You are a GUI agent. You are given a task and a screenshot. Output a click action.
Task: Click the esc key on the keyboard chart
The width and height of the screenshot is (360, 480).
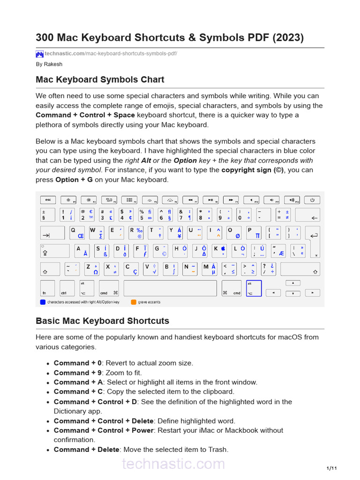click(47, 200)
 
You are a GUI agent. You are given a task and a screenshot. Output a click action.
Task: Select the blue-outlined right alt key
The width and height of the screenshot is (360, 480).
click(254, 288)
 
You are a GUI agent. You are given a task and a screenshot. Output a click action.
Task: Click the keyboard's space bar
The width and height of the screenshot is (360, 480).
click(170, 288)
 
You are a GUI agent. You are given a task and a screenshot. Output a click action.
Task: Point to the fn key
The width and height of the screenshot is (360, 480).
click(47, 288)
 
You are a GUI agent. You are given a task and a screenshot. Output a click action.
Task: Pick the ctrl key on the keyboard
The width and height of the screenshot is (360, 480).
click(67, 288)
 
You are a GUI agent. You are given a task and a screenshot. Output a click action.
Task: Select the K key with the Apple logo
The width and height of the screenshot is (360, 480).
click(220, 251)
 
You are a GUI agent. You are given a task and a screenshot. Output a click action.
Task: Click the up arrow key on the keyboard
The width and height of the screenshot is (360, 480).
click(293, 283)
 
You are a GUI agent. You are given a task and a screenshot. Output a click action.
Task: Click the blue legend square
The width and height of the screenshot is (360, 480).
click(43, 302)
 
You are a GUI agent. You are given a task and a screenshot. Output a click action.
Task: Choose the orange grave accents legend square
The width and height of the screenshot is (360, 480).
click(134, 302)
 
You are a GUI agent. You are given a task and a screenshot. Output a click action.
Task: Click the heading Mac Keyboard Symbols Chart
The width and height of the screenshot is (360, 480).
click(100, 80)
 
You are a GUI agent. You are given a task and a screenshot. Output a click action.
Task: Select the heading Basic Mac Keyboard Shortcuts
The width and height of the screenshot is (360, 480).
click(102, 321)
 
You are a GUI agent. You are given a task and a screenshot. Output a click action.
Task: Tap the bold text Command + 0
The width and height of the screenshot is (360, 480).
click(77, 363)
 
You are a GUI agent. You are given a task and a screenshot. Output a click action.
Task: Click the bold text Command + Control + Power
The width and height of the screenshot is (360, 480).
click(103, 430)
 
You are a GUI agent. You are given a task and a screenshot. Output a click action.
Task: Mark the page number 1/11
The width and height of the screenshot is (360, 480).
click(331, 468)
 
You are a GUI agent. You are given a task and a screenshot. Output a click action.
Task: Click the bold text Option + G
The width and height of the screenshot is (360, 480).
click(74, 180)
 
